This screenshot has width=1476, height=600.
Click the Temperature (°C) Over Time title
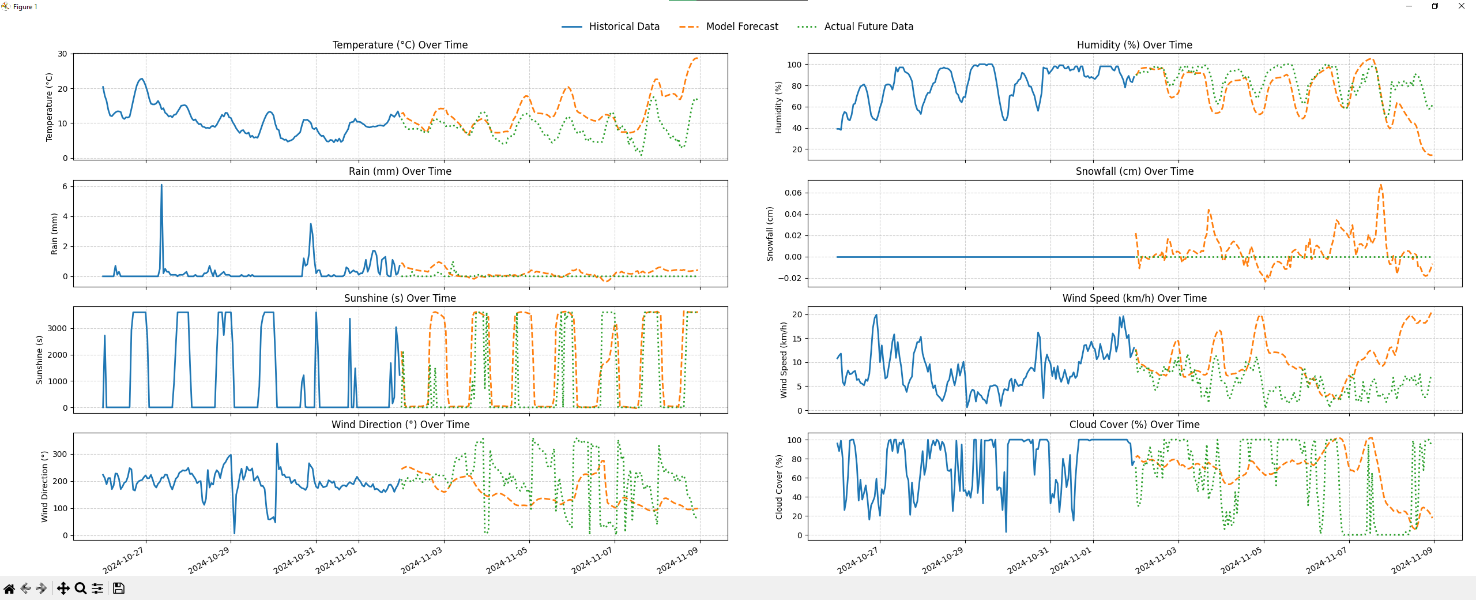[400, 45]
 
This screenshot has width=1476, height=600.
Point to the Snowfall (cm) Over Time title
[1134, 171]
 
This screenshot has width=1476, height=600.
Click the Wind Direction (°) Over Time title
[400, 425]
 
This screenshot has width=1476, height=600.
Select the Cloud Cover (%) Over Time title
[1134, 425]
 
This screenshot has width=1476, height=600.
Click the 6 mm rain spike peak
[161, 186]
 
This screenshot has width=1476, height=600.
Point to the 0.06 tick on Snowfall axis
[793, 193]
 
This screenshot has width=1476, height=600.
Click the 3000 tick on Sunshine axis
[57, 328]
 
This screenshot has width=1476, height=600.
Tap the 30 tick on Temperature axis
[62, 54]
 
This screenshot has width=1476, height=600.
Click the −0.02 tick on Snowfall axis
[789, 278]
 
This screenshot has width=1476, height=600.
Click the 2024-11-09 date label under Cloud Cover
[1411, 560]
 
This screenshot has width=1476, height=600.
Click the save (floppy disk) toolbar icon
[119, 588]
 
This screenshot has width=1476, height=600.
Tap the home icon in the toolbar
[9, 588]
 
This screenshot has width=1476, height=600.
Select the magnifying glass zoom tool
[81, 588]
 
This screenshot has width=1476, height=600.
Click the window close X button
[1461, 6]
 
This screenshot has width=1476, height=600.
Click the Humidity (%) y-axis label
[778, 107]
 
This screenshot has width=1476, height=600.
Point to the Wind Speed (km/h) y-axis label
[783, 360]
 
